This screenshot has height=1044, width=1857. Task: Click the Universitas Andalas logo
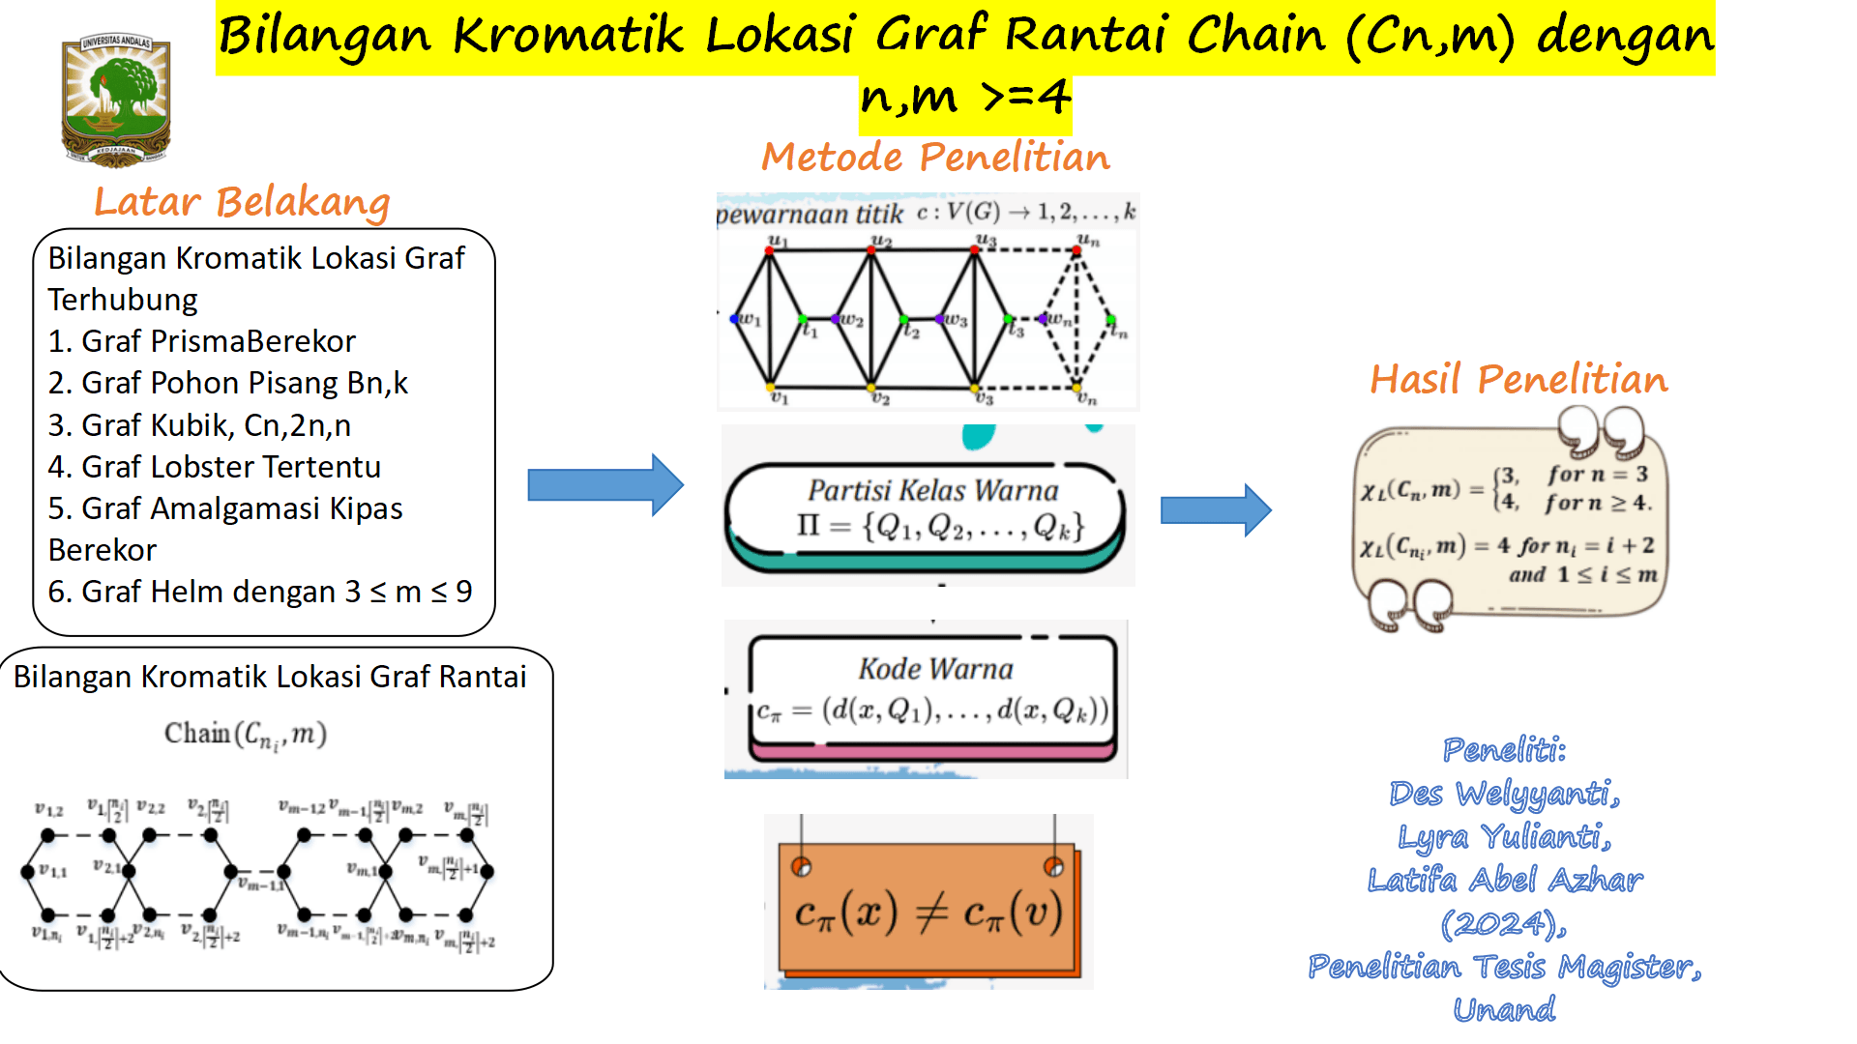(116, 100)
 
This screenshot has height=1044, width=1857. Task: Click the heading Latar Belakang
(242, 202)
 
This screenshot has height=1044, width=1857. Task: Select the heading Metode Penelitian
(935, 157)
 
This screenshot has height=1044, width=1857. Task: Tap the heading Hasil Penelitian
(1518, 379)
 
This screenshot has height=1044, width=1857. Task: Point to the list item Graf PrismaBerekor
(218, 341)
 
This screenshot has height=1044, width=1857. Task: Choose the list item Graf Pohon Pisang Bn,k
(244, 383)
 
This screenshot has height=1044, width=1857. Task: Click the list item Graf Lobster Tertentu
(230, 467)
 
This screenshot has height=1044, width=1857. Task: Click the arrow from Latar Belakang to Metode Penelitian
(605, 484)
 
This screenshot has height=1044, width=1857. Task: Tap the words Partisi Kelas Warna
(933, 490)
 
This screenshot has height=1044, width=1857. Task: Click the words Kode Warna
(935, 669)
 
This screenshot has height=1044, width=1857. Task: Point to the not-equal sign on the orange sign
(930, 912)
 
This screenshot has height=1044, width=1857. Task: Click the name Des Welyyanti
(1504, 794)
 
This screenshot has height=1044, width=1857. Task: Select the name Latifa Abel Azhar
(1504, 880)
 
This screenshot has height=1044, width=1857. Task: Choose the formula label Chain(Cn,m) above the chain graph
(246, 735)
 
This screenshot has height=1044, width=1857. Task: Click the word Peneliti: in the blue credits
(1504, 749)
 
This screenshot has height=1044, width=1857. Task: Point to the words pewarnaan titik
(810, 214)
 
